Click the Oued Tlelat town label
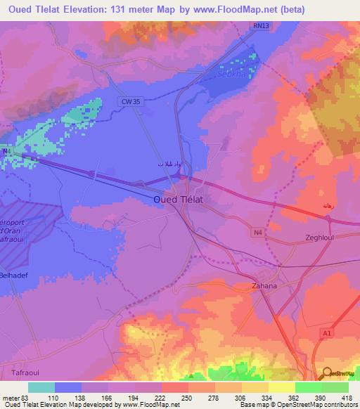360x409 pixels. [x=179, y=200]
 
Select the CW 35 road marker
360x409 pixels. [x=129, y=101]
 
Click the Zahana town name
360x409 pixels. [x=266, y=287]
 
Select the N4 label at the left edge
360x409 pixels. [x=6, y=151]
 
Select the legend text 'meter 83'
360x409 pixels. [x=15, y=397]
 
